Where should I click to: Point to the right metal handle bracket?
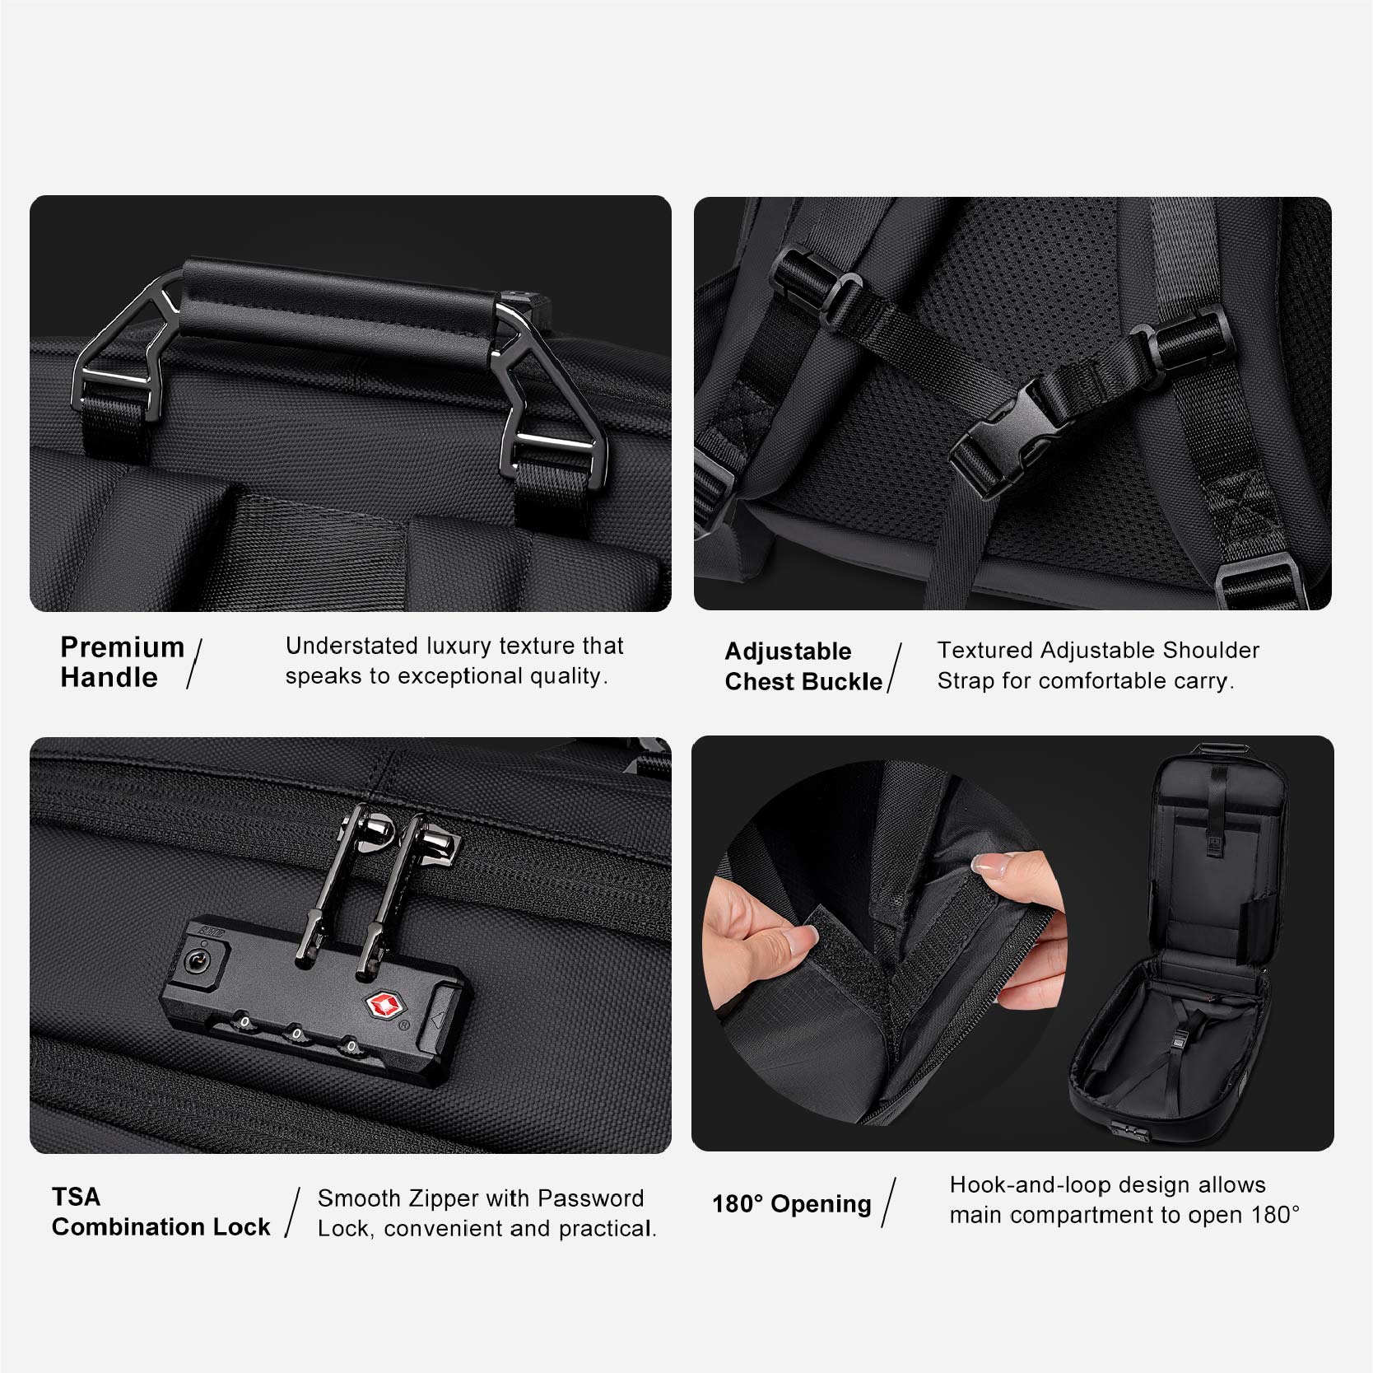click(543, 387)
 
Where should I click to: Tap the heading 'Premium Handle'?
click(122, 662)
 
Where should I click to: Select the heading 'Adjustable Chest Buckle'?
click(803, 666)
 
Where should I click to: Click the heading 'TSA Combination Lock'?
click(161, 1212)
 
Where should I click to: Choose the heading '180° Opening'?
click(791, 1204)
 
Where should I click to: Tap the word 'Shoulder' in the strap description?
click(1211, 650)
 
